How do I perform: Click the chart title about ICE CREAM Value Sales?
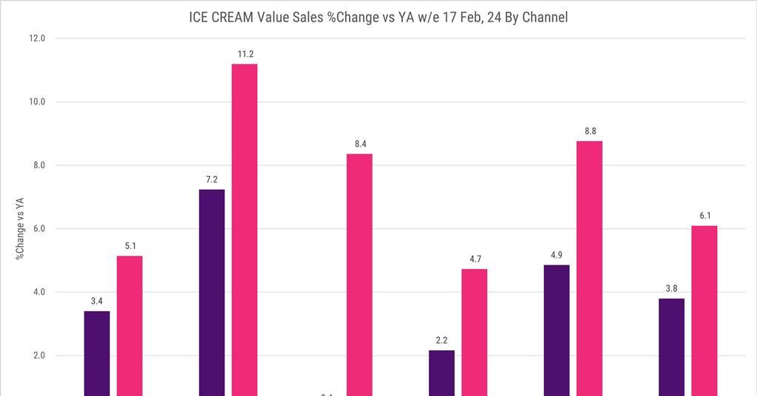[x=378, y=17]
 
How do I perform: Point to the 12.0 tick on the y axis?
[x=37, y=38]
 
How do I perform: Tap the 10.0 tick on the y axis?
[x=37, y=102]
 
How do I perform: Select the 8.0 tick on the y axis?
[x=38, y=165]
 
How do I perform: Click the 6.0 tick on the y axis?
[x=38, y=229]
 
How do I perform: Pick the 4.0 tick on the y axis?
[x=38, y=293]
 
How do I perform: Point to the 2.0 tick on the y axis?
[x=38, y=356]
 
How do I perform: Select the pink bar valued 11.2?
[x=245, y=229]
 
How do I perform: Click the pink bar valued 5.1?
[x=129, y=325]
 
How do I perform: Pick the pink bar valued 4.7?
[x=475, y=332]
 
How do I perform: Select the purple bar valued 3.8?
[x=671, y=346]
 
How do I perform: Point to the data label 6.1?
[x=704, y=216]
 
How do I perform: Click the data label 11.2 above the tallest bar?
[x=245, y=54]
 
